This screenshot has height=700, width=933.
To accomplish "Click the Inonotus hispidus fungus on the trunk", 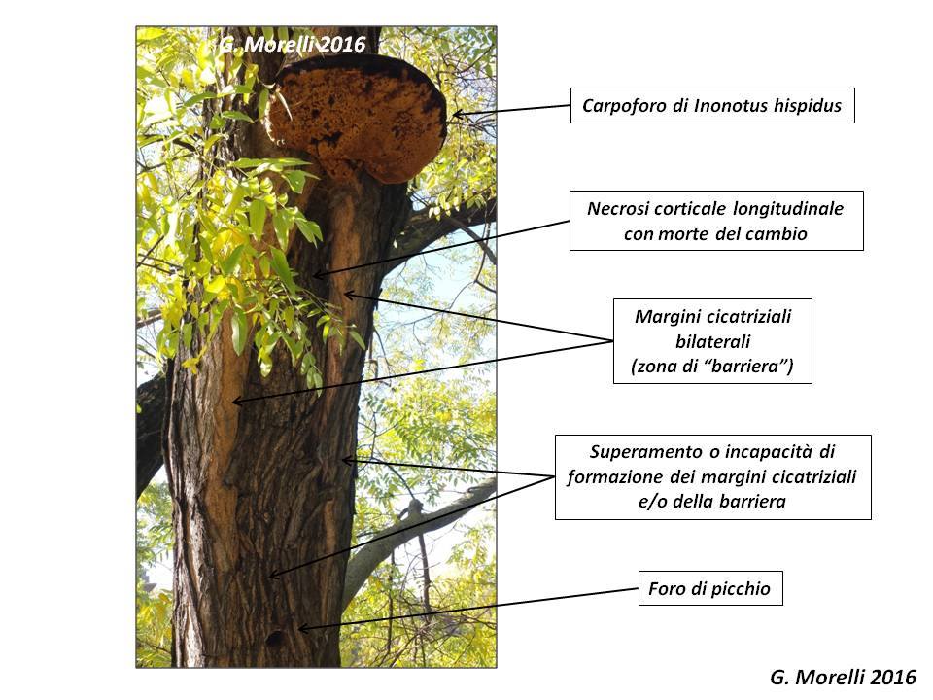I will (x=358, y=117).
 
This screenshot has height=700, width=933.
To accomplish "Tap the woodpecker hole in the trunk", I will (x=275, y=639).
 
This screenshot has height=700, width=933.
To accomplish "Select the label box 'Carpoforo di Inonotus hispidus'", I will (x=712, y=105).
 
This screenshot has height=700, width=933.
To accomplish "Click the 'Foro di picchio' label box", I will (x=709, y=589).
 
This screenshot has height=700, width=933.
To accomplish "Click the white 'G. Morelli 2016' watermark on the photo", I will (x=292, y=44).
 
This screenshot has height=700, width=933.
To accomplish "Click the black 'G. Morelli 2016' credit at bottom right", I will (x=843, y=678).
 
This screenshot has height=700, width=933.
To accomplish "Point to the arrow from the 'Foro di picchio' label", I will (x=466, y=609).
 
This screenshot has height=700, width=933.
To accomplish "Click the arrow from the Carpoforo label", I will (x=510, y=111).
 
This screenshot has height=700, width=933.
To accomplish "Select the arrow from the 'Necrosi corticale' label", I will (x=442, y=248).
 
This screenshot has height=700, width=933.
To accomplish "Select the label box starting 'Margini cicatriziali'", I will (x=712, y=341).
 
